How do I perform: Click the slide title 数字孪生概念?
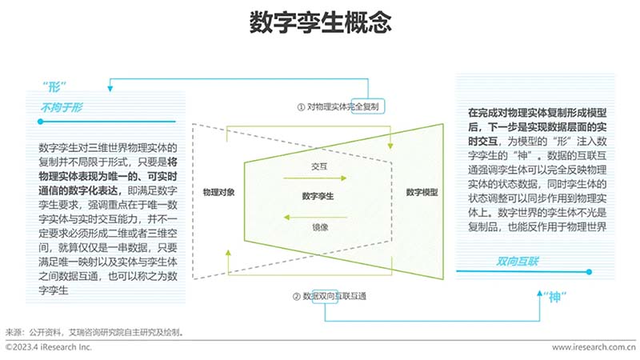321,22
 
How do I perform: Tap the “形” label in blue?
54,86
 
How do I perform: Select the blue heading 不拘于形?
62,107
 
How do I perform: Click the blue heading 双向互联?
518,262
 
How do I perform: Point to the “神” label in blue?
554,297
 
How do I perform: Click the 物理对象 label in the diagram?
218,192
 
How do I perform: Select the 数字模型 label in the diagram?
422,192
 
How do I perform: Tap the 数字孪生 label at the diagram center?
318,196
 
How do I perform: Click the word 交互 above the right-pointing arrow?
319,166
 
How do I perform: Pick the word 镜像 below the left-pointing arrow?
320,227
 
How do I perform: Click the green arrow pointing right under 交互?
314,178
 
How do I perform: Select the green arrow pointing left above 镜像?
315,217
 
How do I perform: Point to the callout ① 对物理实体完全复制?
338,107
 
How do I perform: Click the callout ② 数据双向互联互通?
330,296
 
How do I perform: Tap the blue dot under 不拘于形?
41,122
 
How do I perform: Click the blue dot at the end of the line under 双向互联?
589,271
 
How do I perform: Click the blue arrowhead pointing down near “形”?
110,88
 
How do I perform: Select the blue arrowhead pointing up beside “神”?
539,293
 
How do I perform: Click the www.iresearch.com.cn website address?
594,347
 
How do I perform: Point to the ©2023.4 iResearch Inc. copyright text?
49,347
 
